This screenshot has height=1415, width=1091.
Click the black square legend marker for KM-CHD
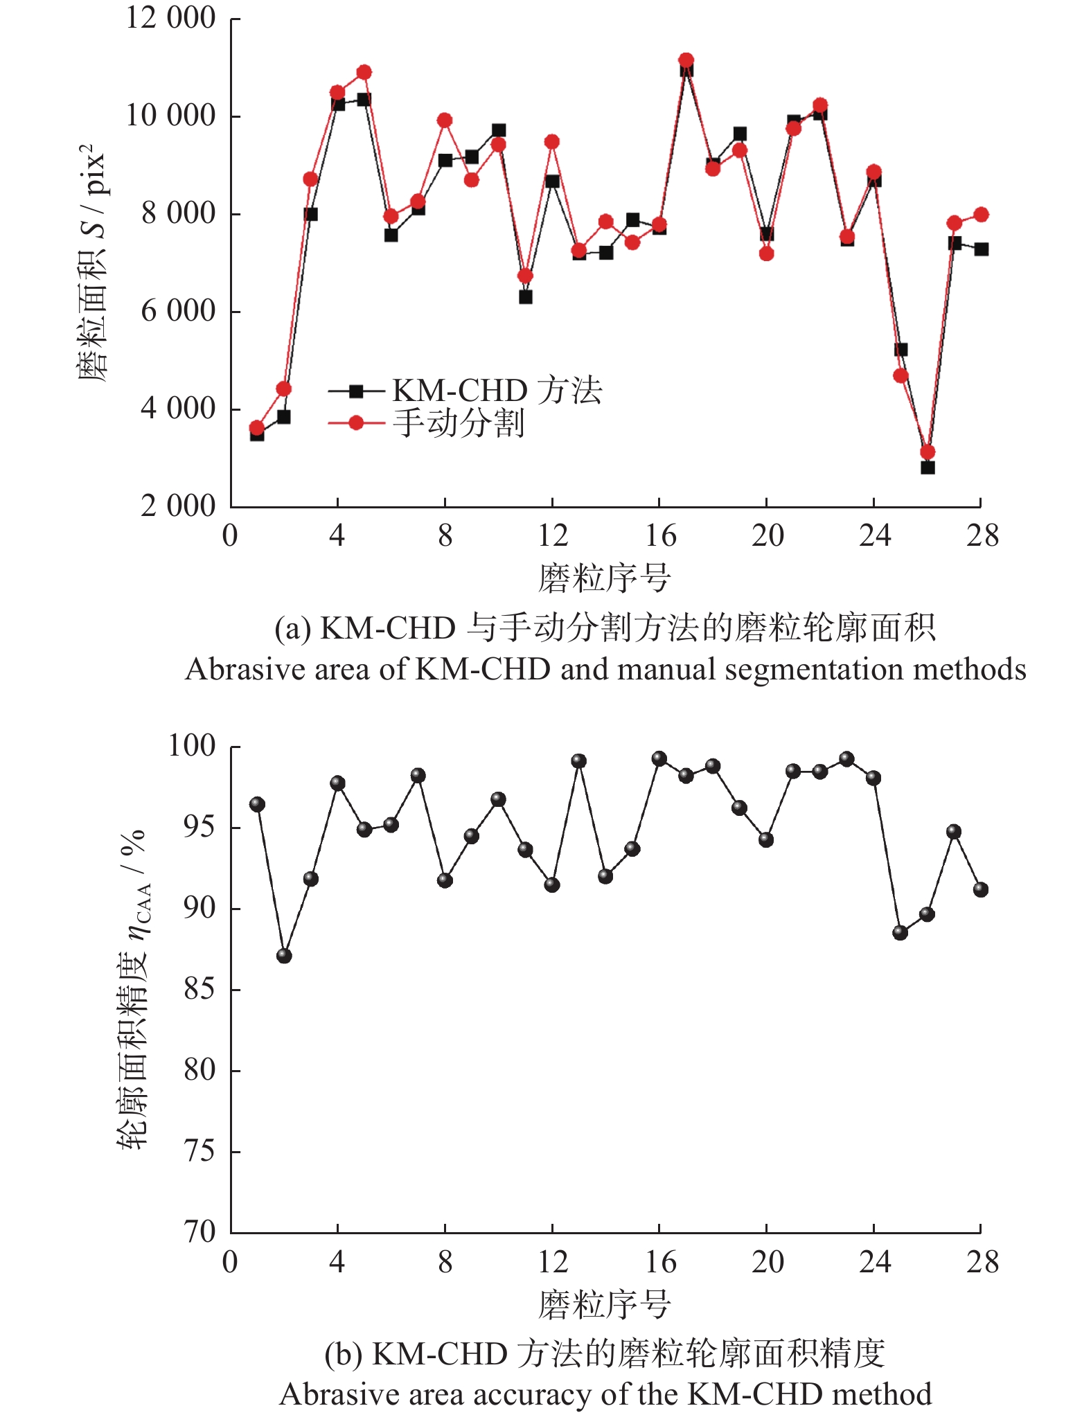(x=356, y=391)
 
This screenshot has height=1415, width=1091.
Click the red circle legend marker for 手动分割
(x=356, y=422)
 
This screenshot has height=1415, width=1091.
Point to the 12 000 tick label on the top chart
(x=170, y=18)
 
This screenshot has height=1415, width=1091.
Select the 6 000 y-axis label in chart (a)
(x=178, y=311)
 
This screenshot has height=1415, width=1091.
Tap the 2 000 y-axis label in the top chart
(x=178, y=506)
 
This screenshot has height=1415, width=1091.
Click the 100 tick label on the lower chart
(x=192, y=746)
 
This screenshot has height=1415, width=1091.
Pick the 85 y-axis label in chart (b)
(x=199, y=989)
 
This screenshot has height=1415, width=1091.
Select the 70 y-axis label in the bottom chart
(x=199, y=1232)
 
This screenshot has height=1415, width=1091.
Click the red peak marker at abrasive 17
(x=686, y=60)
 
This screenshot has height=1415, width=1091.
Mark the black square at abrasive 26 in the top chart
(x=928, y=468)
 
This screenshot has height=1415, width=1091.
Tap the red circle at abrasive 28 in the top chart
(x=981, y=215)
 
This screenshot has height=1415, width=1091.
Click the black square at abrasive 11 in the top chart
(x=525, y=297)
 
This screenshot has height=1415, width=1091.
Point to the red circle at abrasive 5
(x=364, y=72)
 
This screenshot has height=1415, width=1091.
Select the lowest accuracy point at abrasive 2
(x=284, y=956)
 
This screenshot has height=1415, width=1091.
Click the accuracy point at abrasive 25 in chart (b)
(x=901, y=933)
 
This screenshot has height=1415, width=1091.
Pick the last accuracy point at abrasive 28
(x=981, y=889)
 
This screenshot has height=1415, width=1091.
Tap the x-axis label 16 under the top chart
(x=660, y=536)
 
